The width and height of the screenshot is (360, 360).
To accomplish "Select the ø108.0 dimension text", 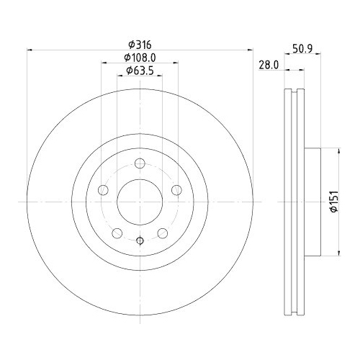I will (x=140, y=57).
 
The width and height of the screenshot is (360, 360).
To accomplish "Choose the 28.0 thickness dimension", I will (x=268, y=64).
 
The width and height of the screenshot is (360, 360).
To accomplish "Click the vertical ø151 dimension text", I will (x=333, y=201).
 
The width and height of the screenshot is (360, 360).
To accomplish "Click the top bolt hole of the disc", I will (x=140, y=164).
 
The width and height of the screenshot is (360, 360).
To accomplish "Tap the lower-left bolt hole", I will (x=117, y=233).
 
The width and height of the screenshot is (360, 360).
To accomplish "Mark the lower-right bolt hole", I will (x=163, y=233).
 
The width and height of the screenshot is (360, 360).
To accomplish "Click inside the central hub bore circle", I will (x=140, y=201).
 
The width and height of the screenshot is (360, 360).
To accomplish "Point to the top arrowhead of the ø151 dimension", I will (x=339, y=150).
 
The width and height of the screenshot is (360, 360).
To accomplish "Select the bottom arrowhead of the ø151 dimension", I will (x=339, y=251).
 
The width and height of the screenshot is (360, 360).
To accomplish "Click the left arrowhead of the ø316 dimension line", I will (x=30, y=50).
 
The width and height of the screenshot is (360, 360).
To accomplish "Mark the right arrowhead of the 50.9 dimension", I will (x=319, y=71).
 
